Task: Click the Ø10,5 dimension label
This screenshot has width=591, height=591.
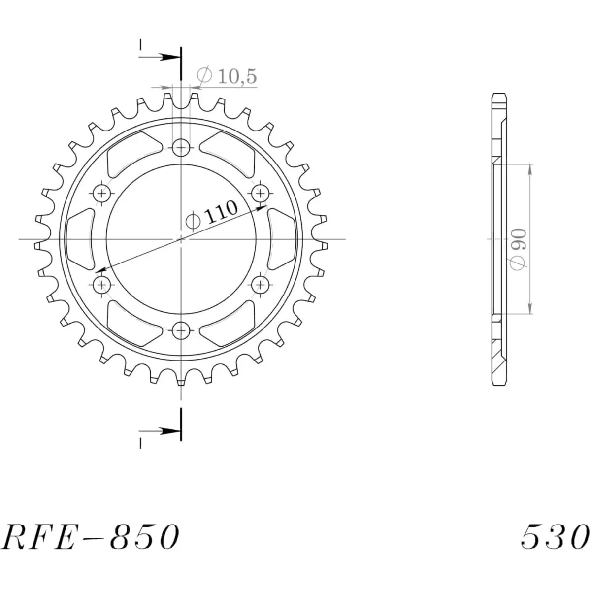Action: tap(227, 76)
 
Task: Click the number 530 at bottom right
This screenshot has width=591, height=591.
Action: tap(555, 537)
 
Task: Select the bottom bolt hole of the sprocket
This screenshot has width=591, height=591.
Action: tap(181, 329)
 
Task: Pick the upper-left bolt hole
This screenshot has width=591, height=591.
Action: tap(102, 193)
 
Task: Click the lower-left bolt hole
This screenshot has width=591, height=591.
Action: tap(102, 284)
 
